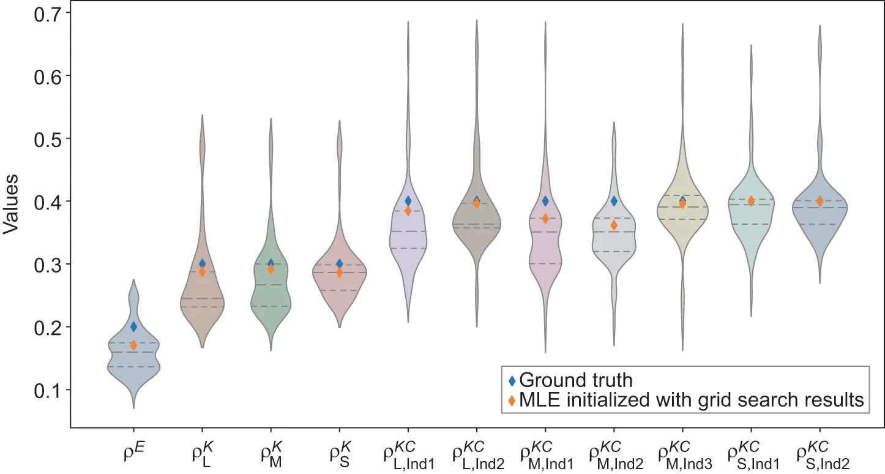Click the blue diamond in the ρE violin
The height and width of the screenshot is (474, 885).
click(x=133, y=327)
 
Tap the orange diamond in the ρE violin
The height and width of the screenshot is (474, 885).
click(x=133, y=346)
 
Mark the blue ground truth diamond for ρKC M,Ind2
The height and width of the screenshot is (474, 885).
click(x=614, y=201)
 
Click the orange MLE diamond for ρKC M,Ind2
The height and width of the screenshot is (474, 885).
click(x=614, y=225)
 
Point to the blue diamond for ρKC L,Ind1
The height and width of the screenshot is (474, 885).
click(x=408, y=201)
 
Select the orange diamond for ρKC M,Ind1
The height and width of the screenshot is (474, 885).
click(x=545, y=219)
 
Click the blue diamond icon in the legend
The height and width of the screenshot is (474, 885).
click(x=512, y=381)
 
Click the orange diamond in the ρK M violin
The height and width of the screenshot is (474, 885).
click(x=271, y=269)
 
